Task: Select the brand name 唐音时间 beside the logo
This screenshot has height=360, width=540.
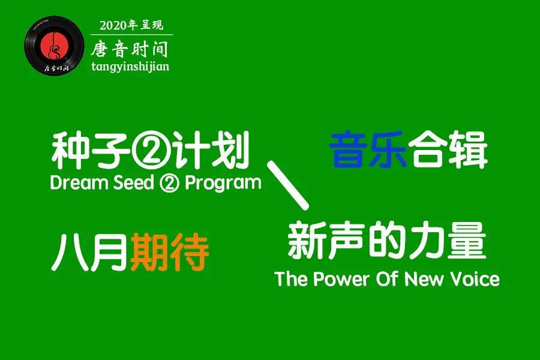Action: [129, 47]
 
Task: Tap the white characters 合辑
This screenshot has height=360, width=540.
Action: [448, 151]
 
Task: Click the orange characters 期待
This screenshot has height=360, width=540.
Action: [169, 253]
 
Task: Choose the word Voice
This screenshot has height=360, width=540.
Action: [474, 279]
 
